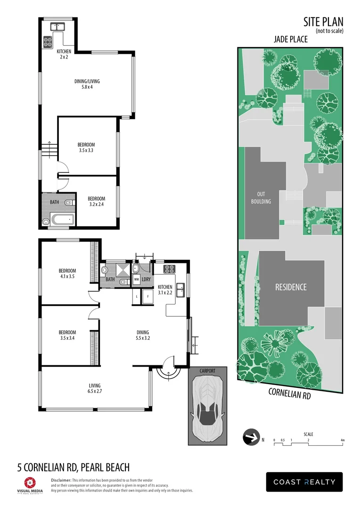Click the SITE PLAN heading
[x=323, y=21]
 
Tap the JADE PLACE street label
[x=290, y=40]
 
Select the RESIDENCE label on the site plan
[x=291, y=287]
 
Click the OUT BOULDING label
[x=261, y=198]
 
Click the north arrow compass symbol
[x=250, y=437]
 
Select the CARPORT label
[x=207, y=371]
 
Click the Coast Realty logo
[x=304, y=482]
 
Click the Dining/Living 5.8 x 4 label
[x=87, y=84]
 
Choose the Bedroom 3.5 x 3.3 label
[x=86, y=148]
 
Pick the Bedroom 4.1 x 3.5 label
[x=67, y=273]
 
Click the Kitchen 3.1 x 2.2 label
[x=165, y=290]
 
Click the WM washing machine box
[x=136, y=279]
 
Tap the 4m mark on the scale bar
[x=343, y=440]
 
